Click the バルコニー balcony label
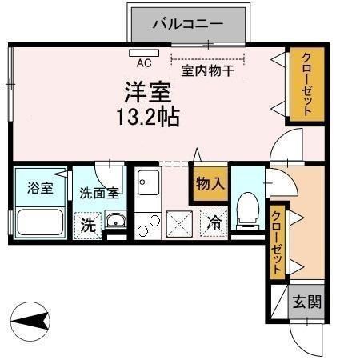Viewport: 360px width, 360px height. tap(189, 24)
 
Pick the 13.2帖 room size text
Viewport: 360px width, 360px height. tap(147, 117)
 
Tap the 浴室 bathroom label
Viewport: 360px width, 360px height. tap(40, 189)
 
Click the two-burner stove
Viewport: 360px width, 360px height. tap(147, 226)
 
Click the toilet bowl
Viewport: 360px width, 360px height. tap(248, 209)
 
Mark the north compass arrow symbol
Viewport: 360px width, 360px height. tap(33, 322)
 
